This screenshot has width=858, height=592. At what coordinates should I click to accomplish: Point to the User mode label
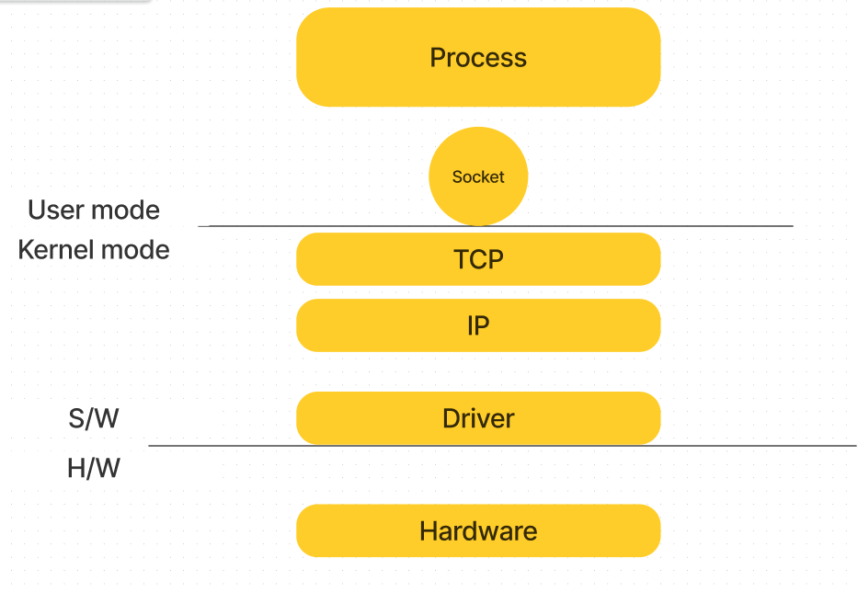pos(94,211)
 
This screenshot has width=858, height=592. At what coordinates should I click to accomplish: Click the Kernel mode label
pos(94,250)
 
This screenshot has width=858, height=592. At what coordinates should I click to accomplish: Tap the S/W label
pos(94,419)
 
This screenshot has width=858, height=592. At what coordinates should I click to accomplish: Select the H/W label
pos(94,469)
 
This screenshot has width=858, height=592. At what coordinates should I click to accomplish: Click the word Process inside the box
pos(478,58)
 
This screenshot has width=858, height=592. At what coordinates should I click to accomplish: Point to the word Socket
pos(478,177)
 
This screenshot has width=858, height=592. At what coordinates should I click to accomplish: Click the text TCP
pos(478,259)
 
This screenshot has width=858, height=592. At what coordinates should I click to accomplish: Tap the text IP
pos(478,325)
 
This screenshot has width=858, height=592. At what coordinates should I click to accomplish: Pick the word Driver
pos(478,418)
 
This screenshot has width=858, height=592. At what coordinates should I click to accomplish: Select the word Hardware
pos(478,530)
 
